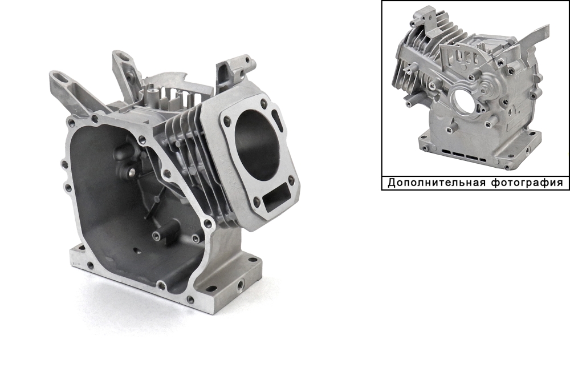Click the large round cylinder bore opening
(258, 145)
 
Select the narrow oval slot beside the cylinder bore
(277, 118)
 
